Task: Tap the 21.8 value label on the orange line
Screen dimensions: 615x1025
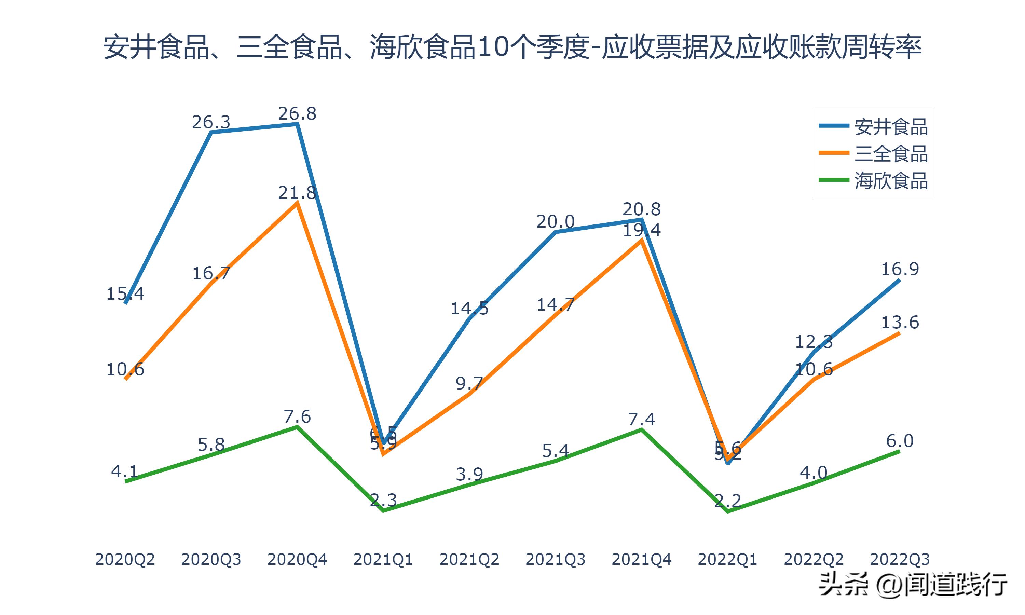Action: [x=297, y=193]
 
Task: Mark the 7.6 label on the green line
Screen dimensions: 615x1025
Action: [x=297, y=417]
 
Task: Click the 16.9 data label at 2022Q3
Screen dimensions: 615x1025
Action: [x=900, y=269]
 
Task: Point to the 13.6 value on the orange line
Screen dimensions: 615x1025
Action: [x=900, y=323]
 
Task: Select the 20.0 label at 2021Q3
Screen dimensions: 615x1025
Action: [x=555, y=222]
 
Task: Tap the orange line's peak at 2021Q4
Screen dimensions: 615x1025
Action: [x=641, y=241]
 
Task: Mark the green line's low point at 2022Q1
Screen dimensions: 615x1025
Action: [x=727, y=512]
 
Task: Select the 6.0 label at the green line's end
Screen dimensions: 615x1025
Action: [x=900, y=441]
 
